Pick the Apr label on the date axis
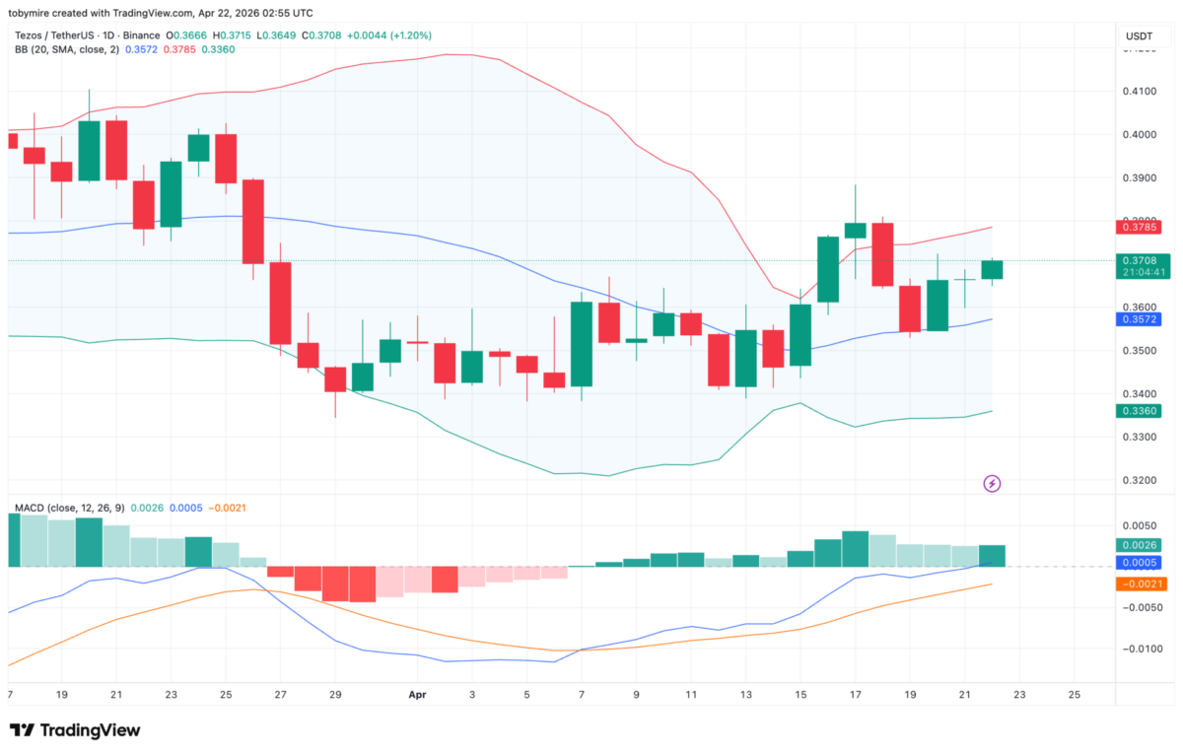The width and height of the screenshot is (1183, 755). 417,694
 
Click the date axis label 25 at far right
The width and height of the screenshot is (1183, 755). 1074,694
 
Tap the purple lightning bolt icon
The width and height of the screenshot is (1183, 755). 993,483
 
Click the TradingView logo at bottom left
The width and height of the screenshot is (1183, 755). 75,730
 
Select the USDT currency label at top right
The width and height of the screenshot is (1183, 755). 1139,36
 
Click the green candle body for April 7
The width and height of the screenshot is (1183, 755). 582,344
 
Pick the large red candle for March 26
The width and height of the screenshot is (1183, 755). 253,221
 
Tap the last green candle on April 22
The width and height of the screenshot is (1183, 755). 992,269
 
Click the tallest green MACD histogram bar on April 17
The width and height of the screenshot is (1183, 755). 855,549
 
